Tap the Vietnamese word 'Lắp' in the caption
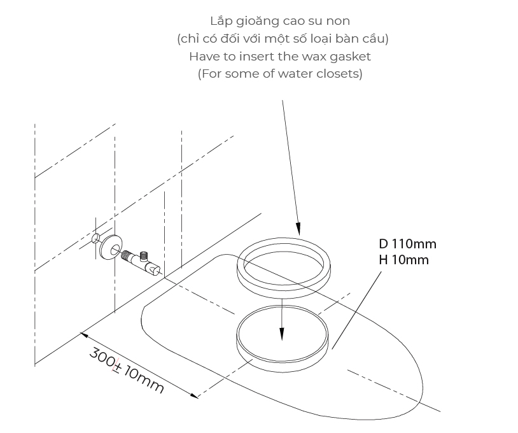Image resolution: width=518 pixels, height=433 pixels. point(221,21)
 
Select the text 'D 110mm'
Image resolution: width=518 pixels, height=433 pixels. point(408,244)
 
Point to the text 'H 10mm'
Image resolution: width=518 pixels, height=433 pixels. point(404,260)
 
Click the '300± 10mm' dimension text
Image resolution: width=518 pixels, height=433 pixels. point(127,369)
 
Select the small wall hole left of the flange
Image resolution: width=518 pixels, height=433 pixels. point(95,238)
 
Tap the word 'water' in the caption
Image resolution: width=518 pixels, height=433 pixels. point(298,74)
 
